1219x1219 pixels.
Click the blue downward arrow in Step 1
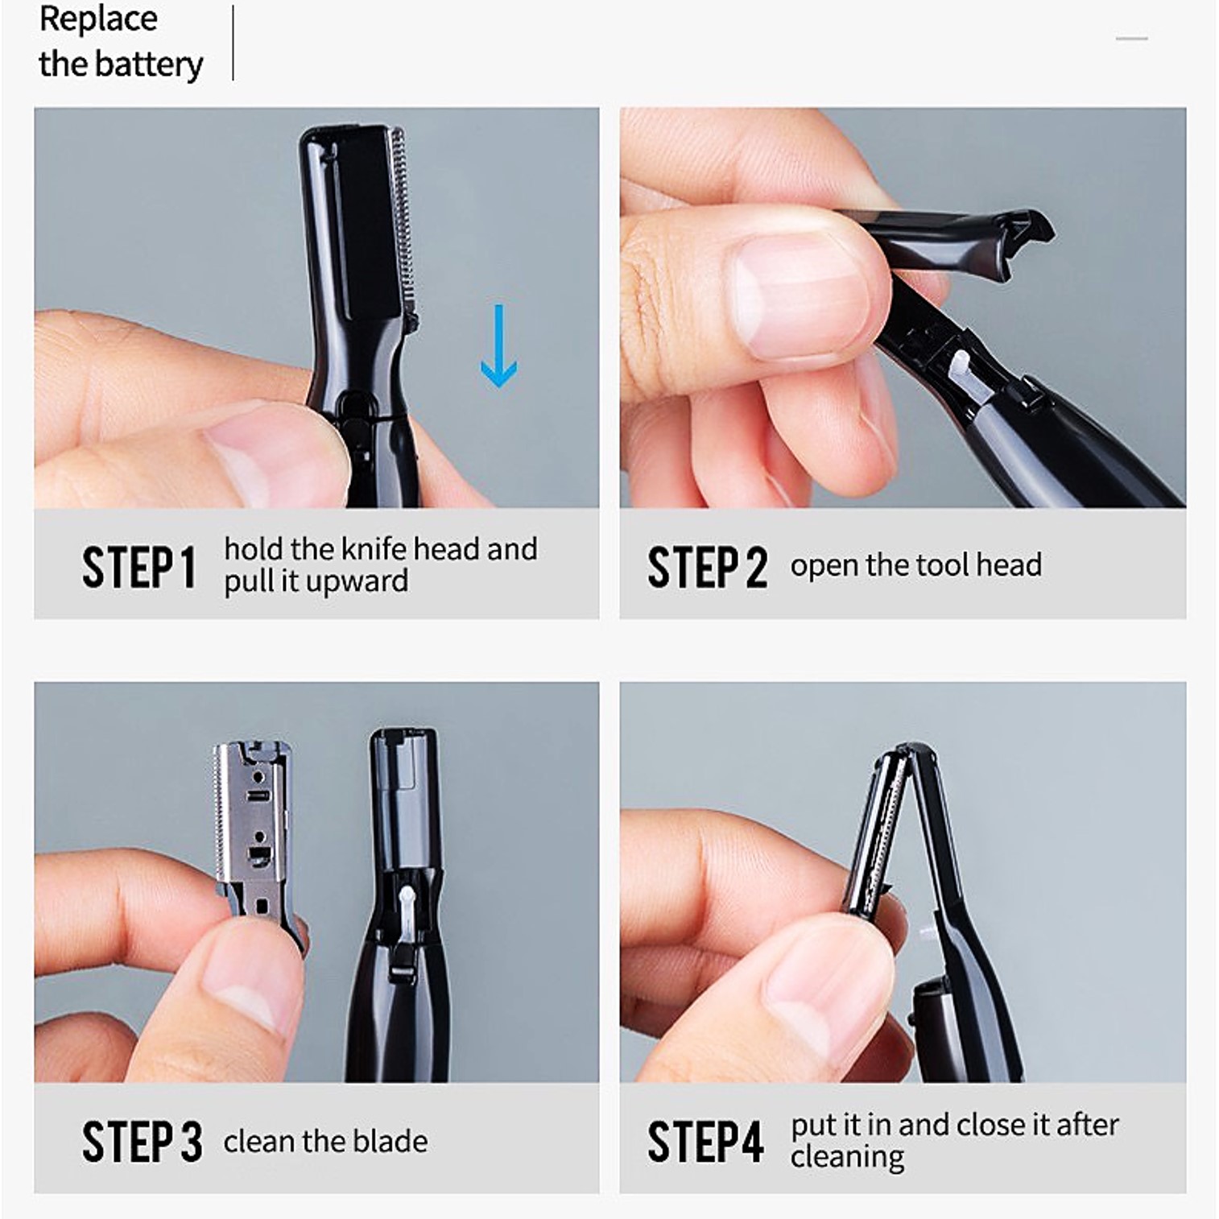(498, 346)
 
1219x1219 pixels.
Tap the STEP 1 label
(138, 568)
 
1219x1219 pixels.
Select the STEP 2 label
(707, 568)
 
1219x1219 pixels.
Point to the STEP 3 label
(142, 1142)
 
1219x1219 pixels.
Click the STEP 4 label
(705, 1142)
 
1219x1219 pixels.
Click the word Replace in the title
(98, 19)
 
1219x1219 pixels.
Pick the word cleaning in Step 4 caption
(847, 1157)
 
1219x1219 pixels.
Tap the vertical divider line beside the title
(233, 43)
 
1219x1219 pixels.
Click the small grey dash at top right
(1131, 39)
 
